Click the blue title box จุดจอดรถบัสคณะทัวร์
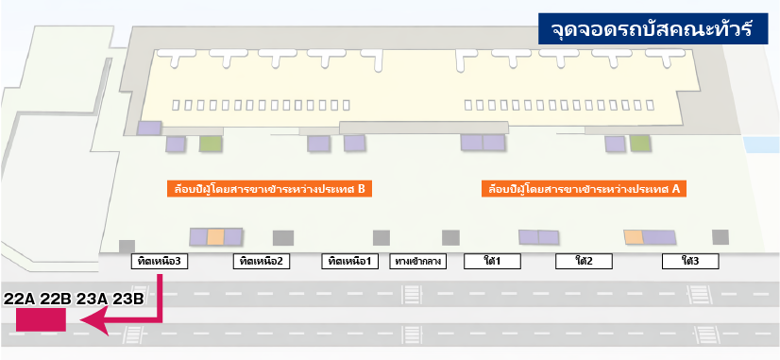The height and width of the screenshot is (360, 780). pyautogui.click(x=651, y=29)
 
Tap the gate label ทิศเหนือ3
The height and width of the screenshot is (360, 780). pyautogui.click(x=158, y=261)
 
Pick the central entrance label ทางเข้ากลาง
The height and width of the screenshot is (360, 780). pyautogui.click(x=417, y=261)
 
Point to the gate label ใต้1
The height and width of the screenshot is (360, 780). pyautogui.click(x=491, y=261)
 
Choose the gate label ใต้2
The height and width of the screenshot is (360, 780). pyautogui.click(x=583, y=261)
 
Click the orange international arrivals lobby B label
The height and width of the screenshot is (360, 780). pyautogui.click(x=267, y=188)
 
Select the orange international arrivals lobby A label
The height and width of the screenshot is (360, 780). pyautogui.click(x=583, y=188)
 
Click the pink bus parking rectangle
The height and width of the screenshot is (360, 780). pyautogui.click(x=41, y=321)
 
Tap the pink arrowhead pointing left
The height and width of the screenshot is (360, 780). pyautogui.click(x=92, y=323)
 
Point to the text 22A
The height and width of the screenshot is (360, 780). pyautogui.click(x=19, y=299)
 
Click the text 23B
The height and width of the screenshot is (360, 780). pyautogui.click(x=127, y=299)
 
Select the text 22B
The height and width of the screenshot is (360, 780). pyautogui.click(x=55, y=299)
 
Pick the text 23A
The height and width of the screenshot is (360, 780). pyautogui.click(x=92, y=299)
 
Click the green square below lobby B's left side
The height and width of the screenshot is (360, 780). pyautogui.click(x=210, y=144)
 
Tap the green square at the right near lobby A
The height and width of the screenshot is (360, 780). pyautogui.click(x=640, y=144)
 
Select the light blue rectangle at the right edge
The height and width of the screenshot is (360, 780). pyautogui.click(x=761, y=146)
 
